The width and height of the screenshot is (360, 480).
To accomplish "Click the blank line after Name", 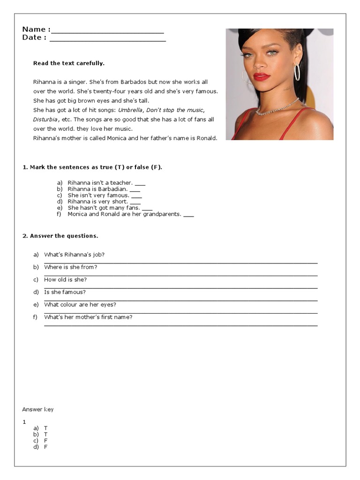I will point(107,32).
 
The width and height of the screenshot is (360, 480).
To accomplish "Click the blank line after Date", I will point(107,40).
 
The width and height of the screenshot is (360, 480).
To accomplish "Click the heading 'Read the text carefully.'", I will point(69,63).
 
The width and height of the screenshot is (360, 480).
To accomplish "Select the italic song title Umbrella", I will point(130,110).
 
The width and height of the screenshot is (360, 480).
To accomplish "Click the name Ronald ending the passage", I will point(207,138).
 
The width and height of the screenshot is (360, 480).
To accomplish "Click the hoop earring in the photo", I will point(297,73).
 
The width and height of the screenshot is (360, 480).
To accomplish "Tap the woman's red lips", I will point(262,76).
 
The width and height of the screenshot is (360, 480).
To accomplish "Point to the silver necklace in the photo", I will point(277,108).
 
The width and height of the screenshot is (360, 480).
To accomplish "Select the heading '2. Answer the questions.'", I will point(60,236).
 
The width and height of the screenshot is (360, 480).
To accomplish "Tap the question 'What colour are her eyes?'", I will point(80,305).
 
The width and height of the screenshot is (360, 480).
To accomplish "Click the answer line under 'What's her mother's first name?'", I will point(180,325).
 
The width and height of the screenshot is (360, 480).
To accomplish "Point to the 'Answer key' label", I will point(38,410).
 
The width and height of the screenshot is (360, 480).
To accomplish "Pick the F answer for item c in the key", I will point(46,441).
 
